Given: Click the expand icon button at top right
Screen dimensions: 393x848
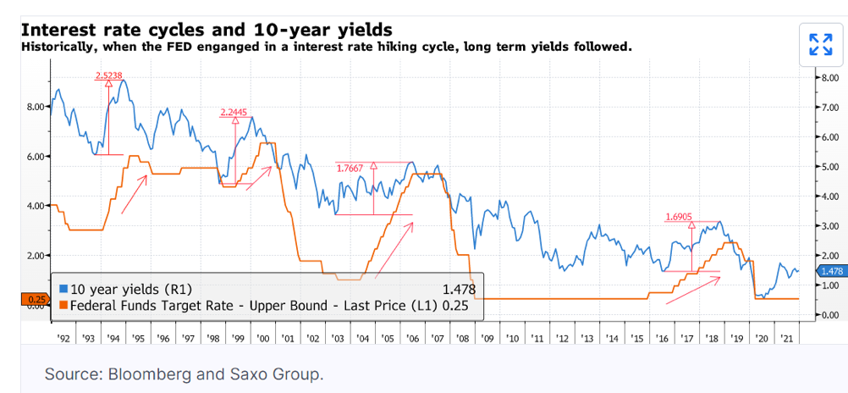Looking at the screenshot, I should [x=820, y=44].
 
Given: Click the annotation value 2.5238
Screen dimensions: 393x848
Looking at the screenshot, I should [x=109, y=75].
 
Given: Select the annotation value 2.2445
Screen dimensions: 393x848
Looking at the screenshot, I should [x=234, y=112].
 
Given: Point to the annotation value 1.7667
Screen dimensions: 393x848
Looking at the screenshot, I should [x=350, y=168].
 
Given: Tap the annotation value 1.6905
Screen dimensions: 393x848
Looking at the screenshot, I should [x=679, y=217].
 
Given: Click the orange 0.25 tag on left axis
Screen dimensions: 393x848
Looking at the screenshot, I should [x=35, y=298].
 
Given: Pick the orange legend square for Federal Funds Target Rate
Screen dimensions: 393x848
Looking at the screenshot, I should [x=63, y=305].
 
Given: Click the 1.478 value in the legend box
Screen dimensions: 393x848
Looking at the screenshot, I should [x=458, y=290].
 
